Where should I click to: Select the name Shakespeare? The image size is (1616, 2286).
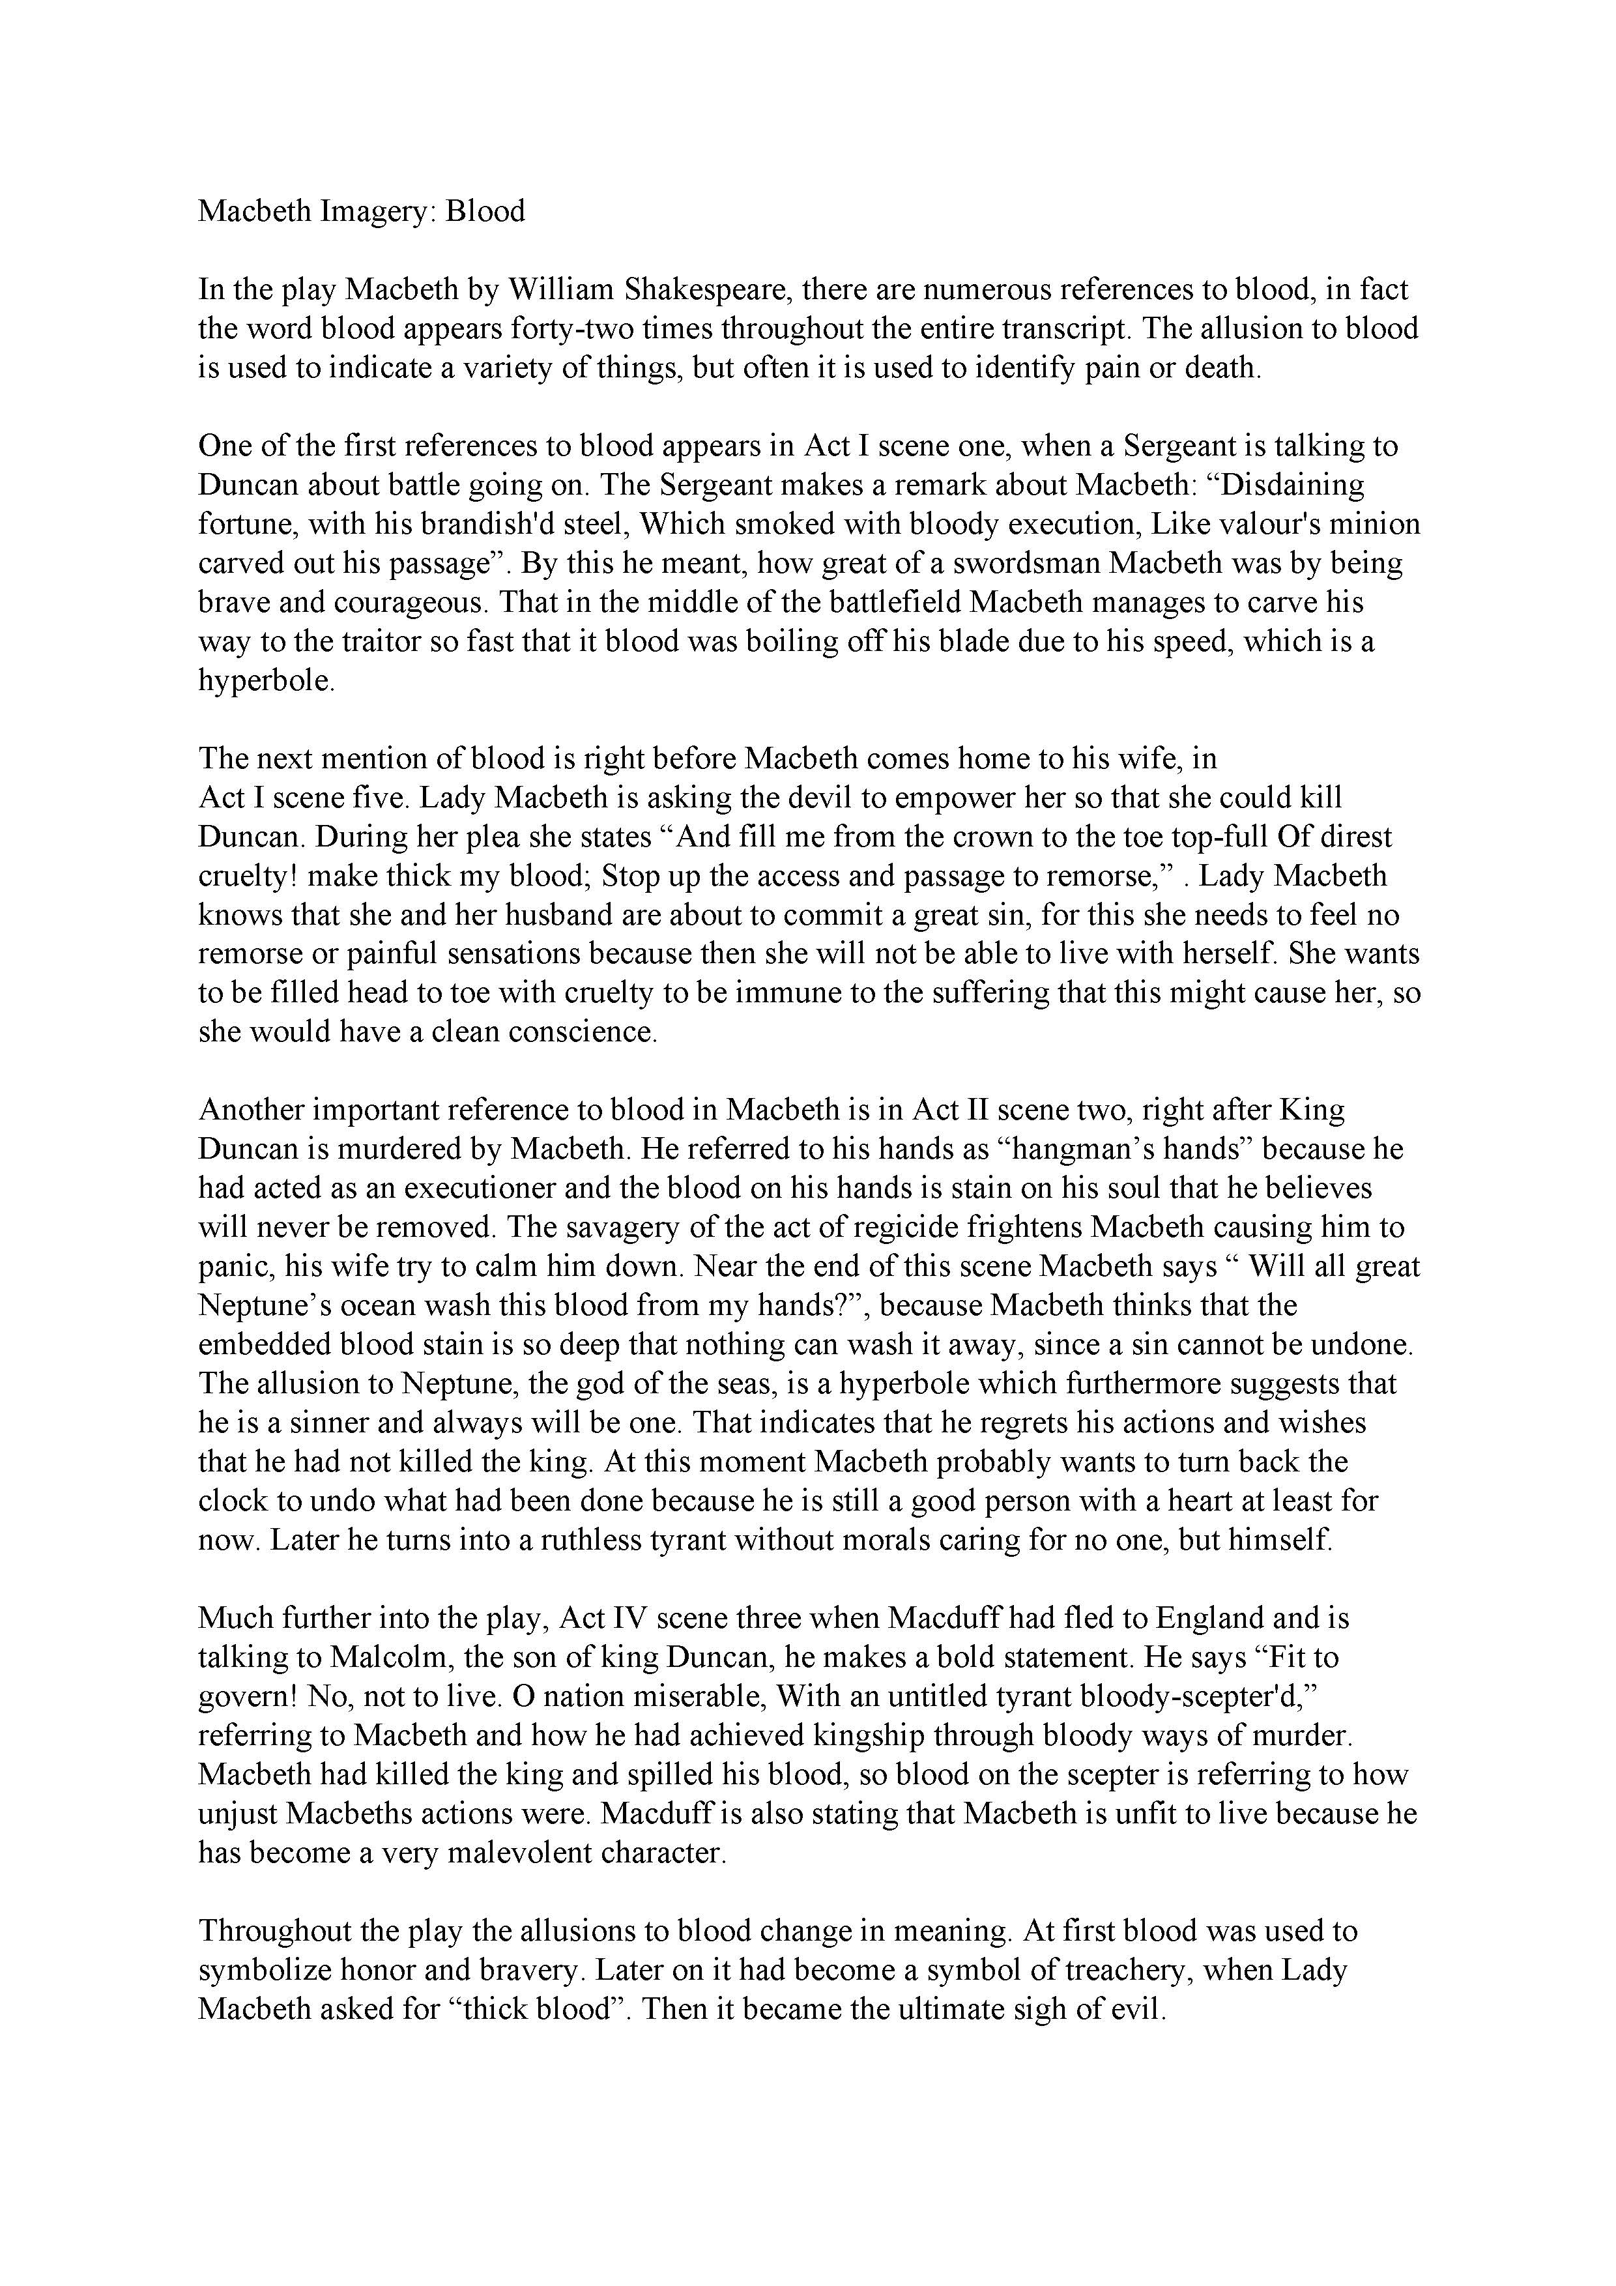704,290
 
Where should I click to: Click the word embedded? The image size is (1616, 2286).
264,1344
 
